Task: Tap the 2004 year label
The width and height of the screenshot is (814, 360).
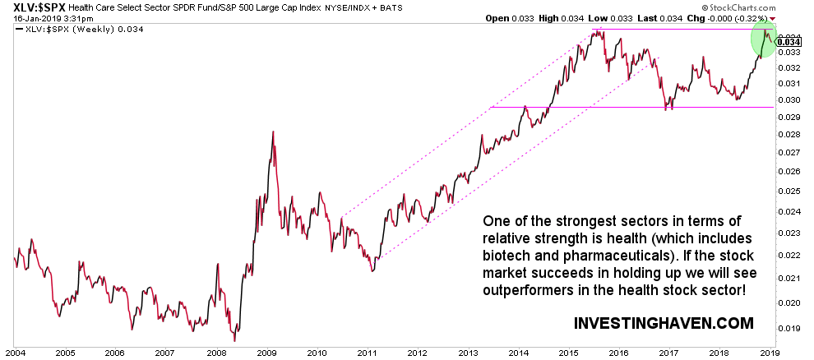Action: (x=14, y=353)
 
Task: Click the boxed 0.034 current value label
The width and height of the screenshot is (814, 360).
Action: (x=789, y=42)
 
